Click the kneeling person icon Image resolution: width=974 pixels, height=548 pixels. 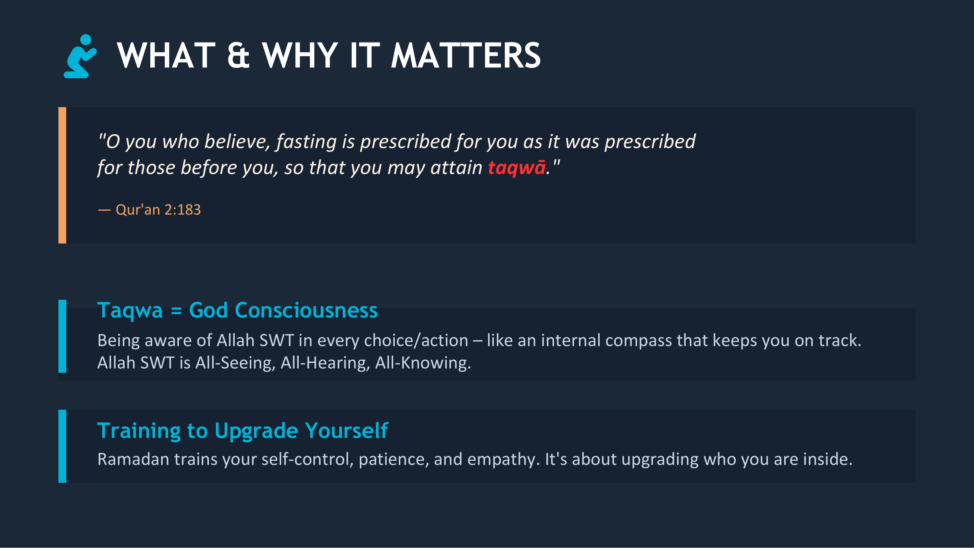pos(80,56)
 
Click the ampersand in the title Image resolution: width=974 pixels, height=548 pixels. pos(238,56)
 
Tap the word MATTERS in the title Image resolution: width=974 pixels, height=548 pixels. pos(466,56)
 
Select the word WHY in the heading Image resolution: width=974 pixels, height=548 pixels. pos(300,56)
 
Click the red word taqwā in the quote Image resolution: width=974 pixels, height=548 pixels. pos(517,168)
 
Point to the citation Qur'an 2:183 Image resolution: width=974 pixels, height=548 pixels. pos(158,209)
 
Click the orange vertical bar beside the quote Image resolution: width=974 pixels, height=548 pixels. pos(62,175)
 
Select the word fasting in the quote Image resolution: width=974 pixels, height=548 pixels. pos(306,142)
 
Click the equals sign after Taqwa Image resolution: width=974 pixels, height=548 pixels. pos(176,311)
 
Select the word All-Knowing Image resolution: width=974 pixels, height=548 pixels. pos(423,363)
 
